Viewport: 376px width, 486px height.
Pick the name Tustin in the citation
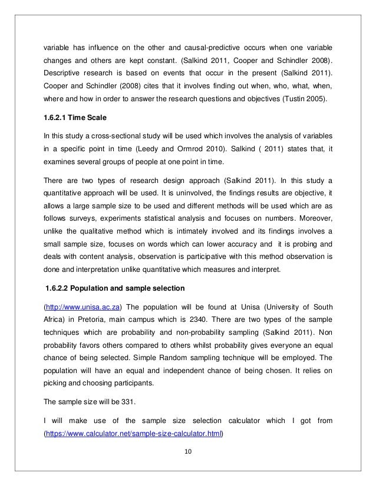pos(298,99)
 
